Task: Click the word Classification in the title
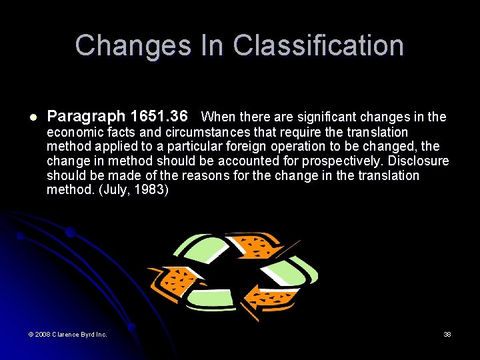(x=318, y=46)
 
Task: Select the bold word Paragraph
(x=85, y=117)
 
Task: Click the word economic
(x=74, y=132)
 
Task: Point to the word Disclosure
(x=419, y=161)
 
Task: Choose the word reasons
(x=214, y=176)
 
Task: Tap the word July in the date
(x=114, y=191)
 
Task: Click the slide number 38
(x=447, y=334)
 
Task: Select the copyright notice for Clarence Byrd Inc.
(x=67, y=334)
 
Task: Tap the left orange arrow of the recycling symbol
(x=175, y=280)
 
